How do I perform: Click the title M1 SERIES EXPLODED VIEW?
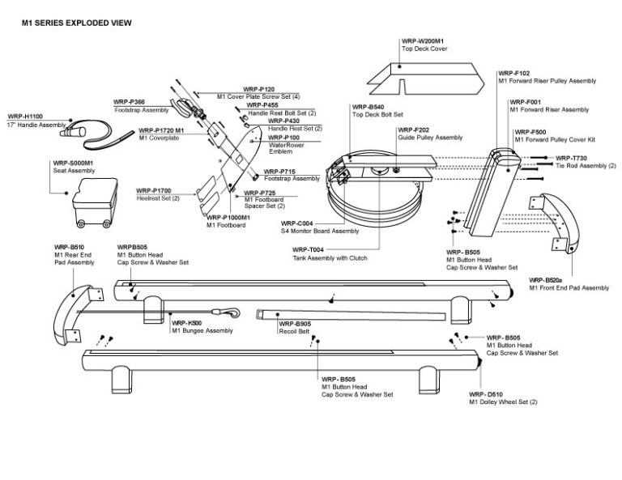[x=76, y=23]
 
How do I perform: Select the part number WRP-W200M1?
[x=421, y=41]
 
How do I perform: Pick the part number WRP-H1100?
[x=25, y=117]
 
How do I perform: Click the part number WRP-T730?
[x=571, y=158]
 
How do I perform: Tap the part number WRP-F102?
[x=513, y=73]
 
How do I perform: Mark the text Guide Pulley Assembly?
[x=429, y=138]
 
